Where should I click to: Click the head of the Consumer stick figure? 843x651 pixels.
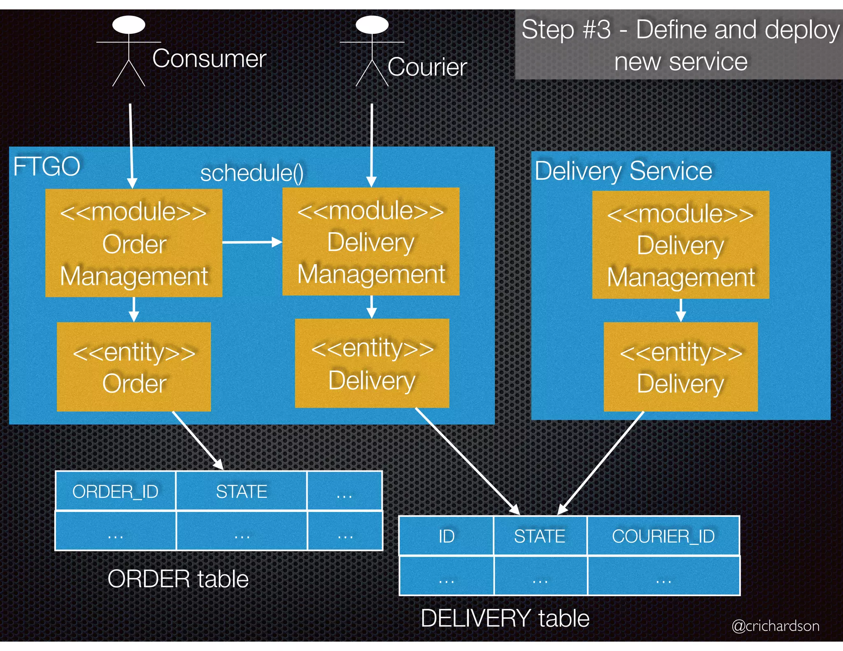point(129,25)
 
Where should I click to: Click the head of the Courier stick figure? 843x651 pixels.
point(372,25)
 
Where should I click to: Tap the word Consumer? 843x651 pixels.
point(209,58)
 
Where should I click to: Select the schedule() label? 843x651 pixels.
point(252,173)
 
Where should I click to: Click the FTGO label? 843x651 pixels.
point(47,167)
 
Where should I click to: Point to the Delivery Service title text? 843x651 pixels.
point(623,171)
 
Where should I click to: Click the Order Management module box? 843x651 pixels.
point(134,243)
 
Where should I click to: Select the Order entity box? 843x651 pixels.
point(134,367)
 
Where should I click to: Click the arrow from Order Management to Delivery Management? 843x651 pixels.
point(252,242)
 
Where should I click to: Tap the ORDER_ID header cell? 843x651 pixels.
point(115,491)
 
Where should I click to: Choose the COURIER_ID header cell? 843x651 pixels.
point(663,536)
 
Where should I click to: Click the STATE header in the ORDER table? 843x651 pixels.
point(242,491)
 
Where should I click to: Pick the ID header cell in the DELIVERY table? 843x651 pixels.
point(446,536)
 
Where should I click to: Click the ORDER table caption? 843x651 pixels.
point(178,579)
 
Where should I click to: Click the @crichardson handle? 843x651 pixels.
point(775,626)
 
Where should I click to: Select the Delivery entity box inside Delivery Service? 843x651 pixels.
point(680,367)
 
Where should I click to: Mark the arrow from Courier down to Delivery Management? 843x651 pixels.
point(372,144)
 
